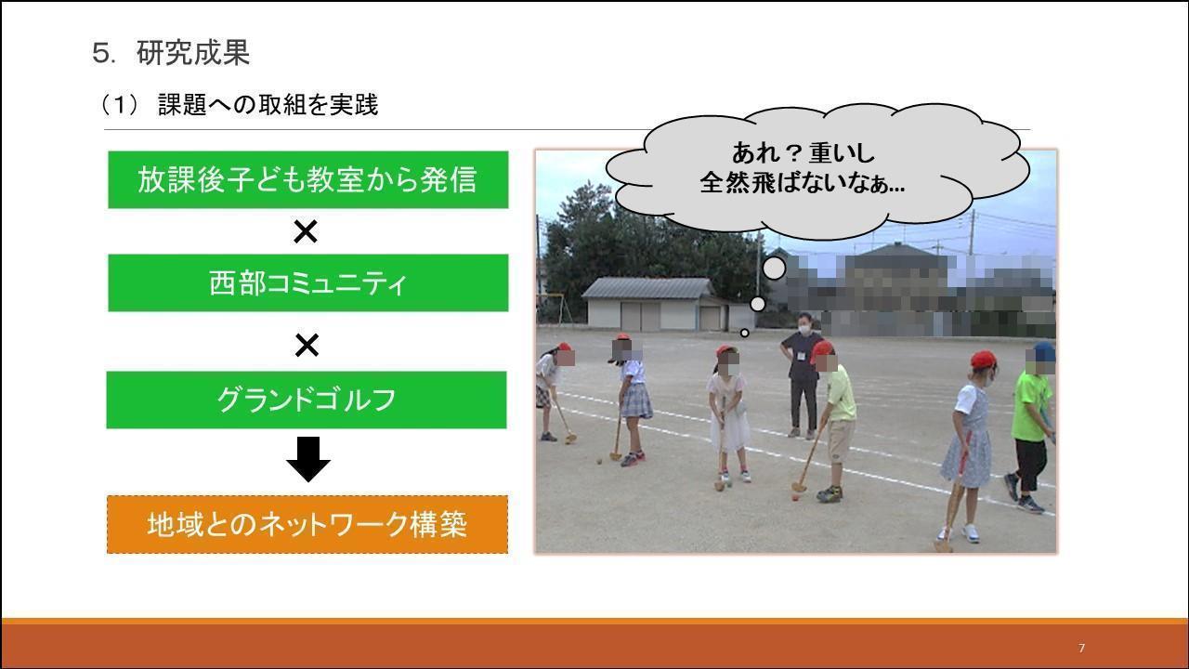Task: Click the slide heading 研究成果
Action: (192, 53)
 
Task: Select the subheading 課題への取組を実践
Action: (268, 105)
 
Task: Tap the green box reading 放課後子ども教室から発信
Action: (307, 179)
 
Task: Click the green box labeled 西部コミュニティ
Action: (307, 283)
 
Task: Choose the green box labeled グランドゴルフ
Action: (307, 400)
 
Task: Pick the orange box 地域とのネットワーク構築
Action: (307, 525)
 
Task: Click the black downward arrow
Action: (308, 459)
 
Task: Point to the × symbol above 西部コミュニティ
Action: (306, 231)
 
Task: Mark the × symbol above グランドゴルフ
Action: (307, 345)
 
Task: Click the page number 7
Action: (1082, 648)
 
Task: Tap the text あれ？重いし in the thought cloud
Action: (804, 153)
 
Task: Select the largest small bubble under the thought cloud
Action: (774, 269)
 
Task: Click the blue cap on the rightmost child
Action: (1043, 351)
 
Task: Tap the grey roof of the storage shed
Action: (648, 288)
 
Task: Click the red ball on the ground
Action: (795, 497)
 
